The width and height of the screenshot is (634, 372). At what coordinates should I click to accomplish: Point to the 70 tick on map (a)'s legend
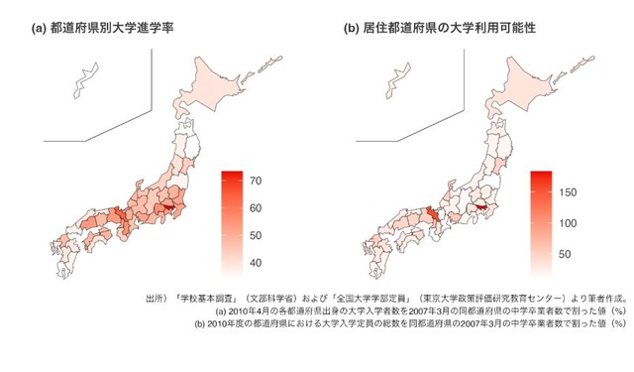click(255, 181)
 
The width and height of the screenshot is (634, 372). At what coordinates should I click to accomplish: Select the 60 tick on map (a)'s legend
click(255, 208)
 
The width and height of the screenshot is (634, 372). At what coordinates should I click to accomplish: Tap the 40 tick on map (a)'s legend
click(255, 263)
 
